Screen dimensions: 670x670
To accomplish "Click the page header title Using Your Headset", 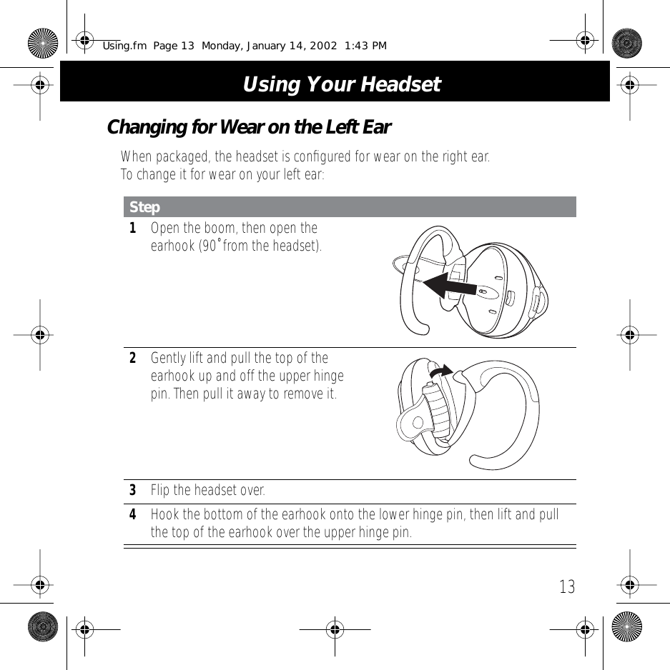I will point(341,84).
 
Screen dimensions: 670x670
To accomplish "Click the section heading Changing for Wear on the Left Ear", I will point(248,128).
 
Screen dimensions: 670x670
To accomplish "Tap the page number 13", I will point(566,587).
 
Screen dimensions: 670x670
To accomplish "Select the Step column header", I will point(145,207).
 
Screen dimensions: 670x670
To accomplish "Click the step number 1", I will point(132,229).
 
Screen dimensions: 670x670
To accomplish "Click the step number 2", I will point(132,358).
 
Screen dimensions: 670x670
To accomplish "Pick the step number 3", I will point(132,491).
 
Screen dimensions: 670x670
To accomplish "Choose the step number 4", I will point(132,515).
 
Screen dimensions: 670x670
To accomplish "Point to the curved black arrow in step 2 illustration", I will point(441,371).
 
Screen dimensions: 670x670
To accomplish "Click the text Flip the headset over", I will point(207,491).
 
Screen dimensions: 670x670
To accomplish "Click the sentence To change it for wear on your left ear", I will point(222,174).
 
